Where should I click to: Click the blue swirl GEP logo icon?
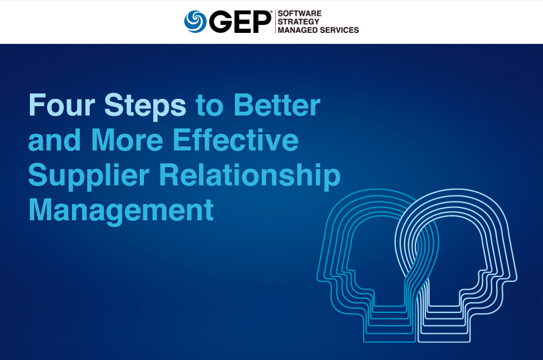[196, 21]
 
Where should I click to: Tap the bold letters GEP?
[240, 21]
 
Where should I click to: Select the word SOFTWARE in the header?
[300, 13]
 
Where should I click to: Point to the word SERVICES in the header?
[340, 30]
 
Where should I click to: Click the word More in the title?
[128, 140]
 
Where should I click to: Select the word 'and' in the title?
[55, 140]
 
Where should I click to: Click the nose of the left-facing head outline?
[321, 273]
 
